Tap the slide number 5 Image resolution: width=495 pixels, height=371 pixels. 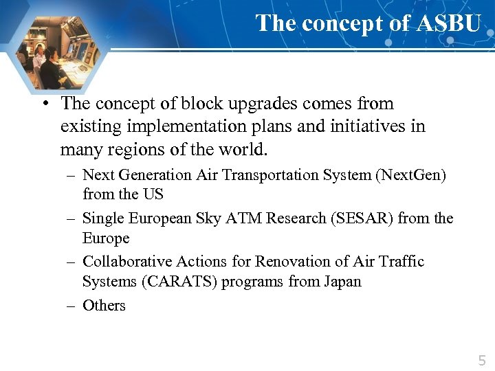tap(481, 360)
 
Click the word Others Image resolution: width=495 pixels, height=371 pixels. tap(104, 306)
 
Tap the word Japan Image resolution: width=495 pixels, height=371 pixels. tap(342, 282)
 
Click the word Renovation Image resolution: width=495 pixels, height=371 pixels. tap(288, 262)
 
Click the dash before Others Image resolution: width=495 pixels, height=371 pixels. tap(71, 306)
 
